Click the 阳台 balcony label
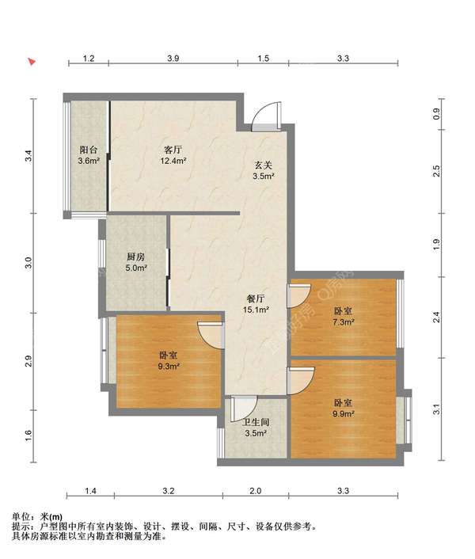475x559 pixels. [x=89, y=150]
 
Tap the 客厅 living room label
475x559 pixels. [x=173, y=150]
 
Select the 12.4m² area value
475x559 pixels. [x=173, y=161]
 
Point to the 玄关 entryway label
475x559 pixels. [x=264, y=165]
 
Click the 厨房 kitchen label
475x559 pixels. [x=135, y=257]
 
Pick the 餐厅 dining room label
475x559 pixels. [x=256, y=299]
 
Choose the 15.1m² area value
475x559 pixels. [x=256, y=310]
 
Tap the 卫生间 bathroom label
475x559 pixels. [x=256, y=423]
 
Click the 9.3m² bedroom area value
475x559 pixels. [x=168, y=366]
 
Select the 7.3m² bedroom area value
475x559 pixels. [x=344, y=322]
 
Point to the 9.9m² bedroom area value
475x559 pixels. [x=344, y=414]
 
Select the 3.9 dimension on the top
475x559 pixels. [x=173, y=59]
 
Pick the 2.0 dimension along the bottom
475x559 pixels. [x=255, y=491]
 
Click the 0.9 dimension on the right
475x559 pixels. [x=437, y=114]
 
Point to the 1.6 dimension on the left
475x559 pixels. [x=28, y=435]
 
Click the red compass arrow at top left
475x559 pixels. [x=32, y=62]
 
